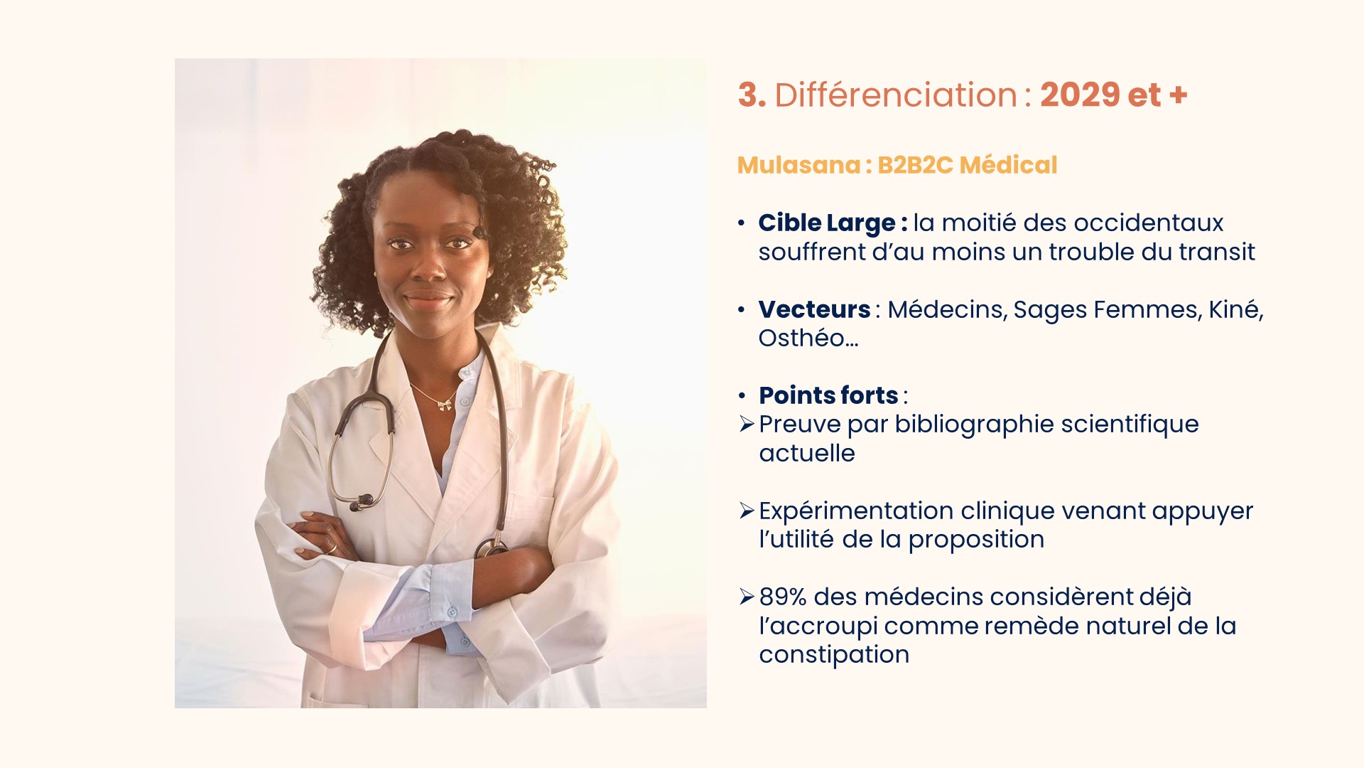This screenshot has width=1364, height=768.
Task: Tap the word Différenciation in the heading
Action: click(x=896, y=95)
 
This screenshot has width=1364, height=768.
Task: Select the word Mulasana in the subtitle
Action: click(x=799, y=165)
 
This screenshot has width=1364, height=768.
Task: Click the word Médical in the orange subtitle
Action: click(x=1008, y=165)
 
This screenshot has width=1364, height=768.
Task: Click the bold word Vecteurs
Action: click(x=814, y=309)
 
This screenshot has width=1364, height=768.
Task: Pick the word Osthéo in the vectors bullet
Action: click(x=801, y=338)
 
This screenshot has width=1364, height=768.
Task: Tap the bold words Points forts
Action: click(x=828, y=395)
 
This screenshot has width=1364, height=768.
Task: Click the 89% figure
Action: click(x=783, y=597)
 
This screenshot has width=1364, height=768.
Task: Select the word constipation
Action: click(x=834, y=655)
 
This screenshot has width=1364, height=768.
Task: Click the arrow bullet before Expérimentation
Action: click(x=746, y=511)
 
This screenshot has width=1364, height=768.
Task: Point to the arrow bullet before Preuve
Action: click(x=746, y=425)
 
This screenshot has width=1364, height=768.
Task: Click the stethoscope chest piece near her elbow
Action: click(x=491, y=548)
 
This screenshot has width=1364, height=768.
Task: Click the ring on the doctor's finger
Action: click(x=332, y=547)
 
